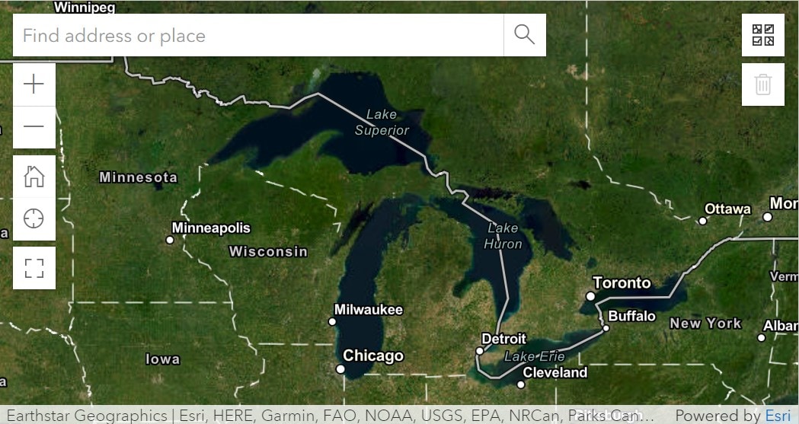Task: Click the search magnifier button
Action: pos(525,35)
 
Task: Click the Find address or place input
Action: pos(257,35)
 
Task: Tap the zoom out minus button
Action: pos(34,126)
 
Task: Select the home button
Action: pos(34,177)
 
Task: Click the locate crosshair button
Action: pos(34,219)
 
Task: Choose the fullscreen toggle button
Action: pos(34,268)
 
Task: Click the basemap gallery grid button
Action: pos(763,35)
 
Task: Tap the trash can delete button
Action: pos(763,84)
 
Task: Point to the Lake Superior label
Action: pos(382,123)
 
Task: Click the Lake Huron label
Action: pos(503,236)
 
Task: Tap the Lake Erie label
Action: pos(535,356)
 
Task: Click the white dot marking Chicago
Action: pos(340,369)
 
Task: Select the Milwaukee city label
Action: pos(369,310)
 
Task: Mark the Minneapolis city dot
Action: pos(170,240)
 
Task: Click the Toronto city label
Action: pos(622,283)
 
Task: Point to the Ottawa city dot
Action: pos(703,221)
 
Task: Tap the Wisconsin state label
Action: pos(268,251)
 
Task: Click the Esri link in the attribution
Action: pos(778,416)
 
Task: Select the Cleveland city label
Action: pos(555,372)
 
